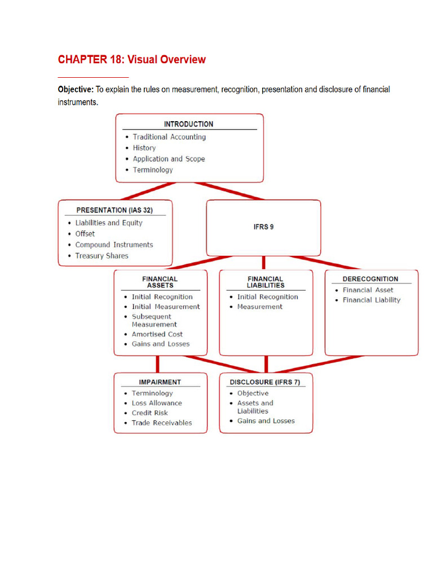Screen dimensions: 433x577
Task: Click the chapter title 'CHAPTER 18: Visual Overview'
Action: point(132,59)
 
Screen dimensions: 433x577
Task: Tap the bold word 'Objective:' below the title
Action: point(76,90)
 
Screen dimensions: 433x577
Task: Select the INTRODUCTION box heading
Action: point(188,124)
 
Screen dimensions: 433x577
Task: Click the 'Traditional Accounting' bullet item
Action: point(169,137)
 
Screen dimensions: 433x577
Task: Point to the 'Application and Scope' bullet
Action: point(169,159)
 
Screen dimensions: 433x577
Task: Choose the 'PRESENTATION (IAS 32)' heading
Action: point(114,210)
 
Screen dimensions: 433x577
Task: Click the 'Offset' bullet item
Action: point(85,234)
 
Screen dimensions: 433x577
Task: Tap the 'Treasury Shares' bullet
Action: point(101,256)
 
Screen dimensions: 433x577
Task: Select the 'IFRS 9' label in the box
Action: point(264,227)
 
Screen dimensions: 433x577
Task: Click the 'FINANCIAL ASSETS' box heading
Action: point(160,282)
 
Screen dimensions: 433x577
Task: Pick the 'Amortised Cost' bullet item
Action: point(157,334)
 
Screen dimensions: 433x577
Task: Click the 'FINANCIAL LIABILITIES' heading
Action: point(266,282)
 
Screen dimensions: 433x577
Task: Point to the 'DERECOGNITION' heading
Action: point(370,279)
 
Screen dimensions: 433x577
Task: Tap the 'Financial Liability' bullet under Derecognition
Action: point(372,300)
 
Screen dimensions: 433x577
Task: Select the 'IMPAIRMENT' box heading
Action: point(160,382)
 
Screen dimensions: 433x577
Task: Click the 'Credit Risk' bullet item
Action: point(149,413)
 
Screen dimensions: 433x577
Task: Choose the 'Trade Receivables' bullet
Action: point(162,423)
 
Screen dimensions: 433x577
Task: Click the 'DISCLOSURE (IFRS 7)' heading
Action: point(265,382)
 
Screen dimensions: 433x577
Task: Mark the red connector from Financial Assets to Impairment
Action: point(158,365)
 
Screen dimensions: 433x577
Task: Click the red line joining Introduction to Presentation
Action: point(148,191)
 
